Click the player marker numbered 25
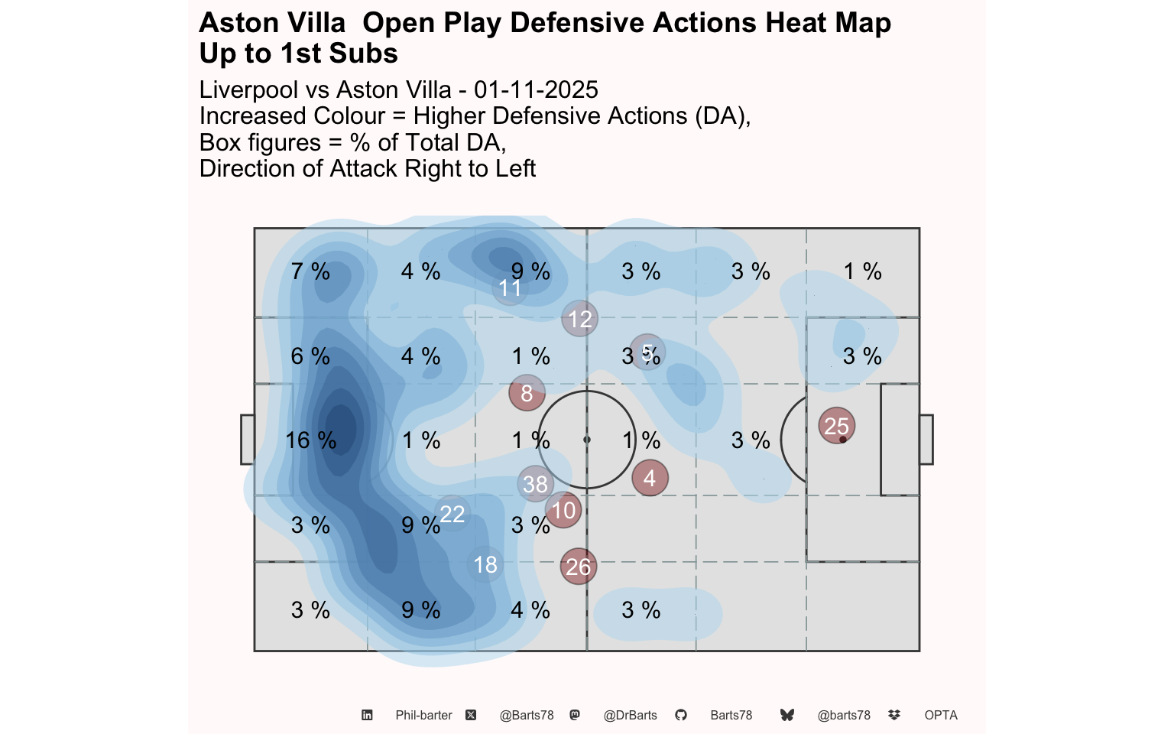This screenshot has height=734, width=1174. (x=837, y=426)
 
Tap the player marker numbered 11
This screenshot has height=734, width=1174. (x=510, y=287)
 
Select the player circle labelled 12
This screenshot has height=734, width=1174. (x=579, y=319)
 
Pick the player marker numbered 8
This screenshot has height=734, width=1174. (x=527, y=393)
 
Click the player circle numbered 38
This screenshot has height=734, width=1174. (x=535, y=484)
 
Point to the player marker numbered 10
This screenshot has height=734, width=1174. (x=563, y=510)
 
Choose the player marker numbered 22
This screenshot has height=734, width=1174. (x=452, y=514)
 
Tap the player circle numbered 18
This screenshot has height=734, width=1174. (x=485, y=565)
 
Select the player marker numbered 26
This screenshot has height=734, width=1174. (x=579, y=567)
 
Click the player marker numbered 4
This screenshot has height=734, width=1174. (x=650, y=478)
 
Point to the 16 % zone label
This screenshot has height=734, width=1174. (x=311, y=440)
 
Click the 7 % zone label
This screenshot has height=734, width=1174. (x=310, y=271)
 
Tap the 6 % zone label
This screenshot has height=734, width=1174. (x=310, y=356)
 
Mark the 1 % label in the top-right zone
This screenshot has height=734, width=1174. (x=863, y=271)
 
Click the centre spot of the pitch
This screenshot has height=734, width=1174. (x=587, y=440)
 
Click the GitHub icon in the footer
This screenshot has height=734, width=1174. (x=681, y=715)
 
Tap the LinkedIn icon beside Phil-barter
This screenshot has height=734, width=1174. (x=367, y=715)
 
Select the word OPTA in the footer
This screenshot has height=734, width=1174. (x=941, y=716)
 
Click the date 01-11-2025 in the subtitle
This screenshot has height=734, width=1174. (x=536, y=89)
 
